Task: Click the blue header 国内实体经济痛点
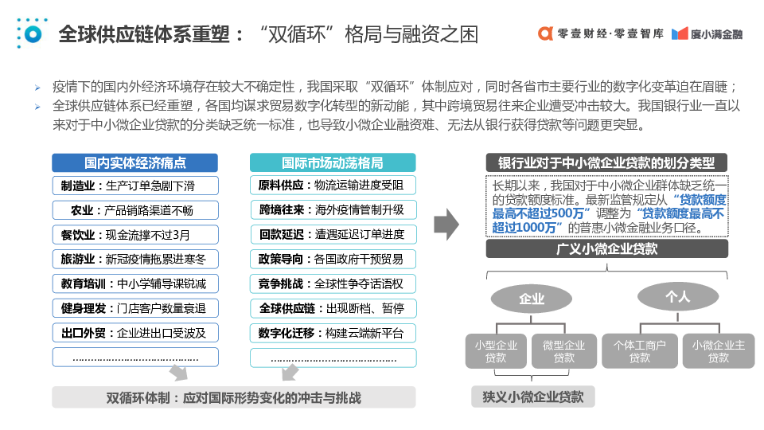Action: click(x=135, y=162)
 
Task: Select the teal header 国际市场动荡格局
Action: click(x=332, y=162)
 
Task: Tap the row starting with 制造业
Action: click(x=135, y=186)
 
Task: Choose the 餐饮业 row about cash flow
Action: click(x=135, y=235)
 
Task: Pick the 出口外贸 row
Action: click(x=135, y=333)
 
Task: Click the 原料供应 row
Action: click(x=332, y=186)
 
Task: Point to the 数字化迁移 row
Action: click(x=332, y=333)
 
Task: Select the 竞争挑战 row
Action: click(x=332, y=283)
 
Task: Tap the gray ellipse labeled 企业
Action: click(x=531, y=299)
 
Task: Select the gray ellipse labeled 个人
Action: click(x=676, y=296)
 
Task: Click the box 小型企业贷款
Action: click(x=496, y=351)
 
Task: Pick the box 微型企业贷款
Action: click(x=563, y=351)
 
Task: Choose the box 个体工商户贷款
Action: click(x=639, y=351)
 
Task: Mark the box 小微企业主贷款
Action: click(x=718, y=351)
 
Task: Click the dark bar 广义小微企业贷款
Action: click(x=606, y=248)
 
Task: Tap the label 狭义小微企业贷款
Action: click(x=532, y=397)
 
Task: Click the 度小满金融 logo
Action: click(x=707, y=34)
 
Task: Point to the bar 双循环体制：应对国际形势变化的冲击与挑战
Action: click(x=233, y=397)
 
